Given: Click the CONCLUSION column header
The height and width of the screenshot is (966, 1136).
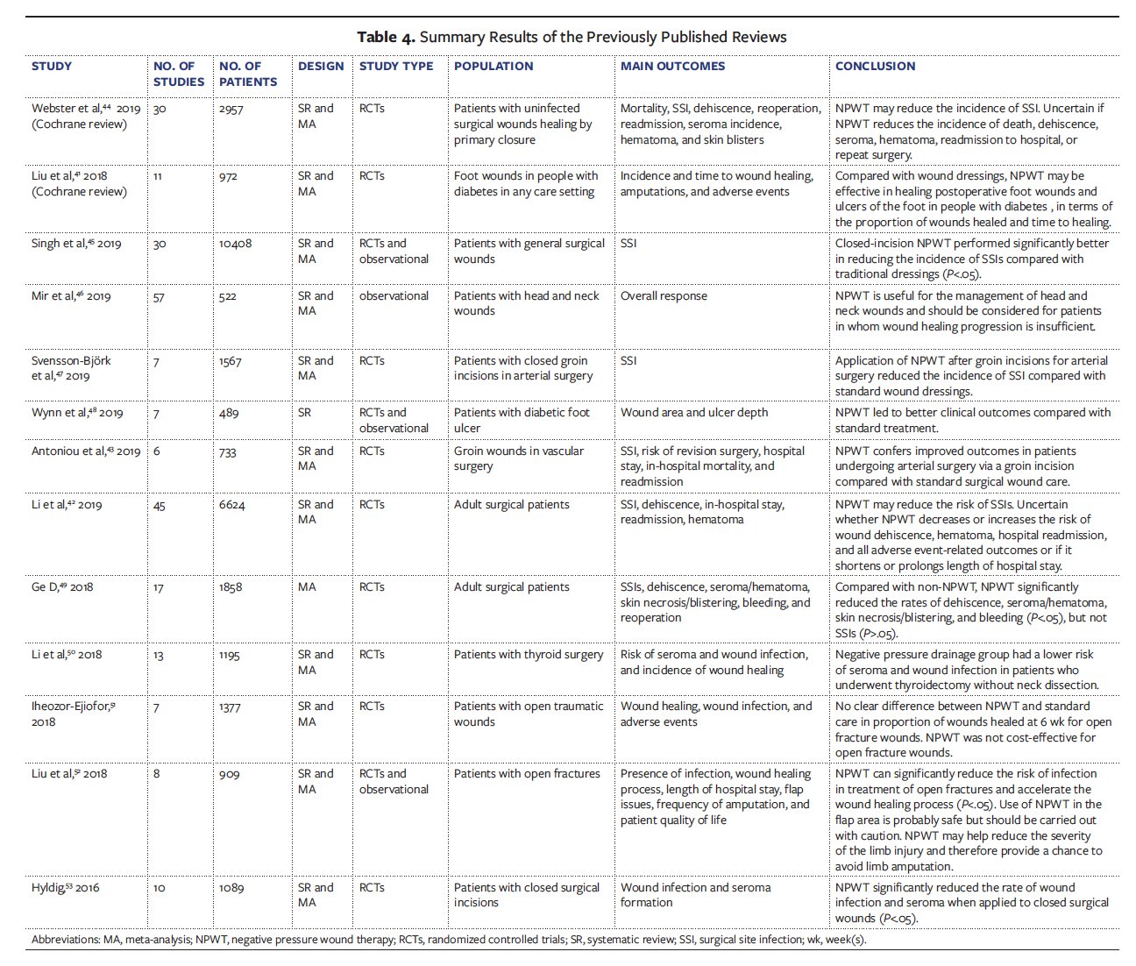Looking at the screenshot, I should point(874,67).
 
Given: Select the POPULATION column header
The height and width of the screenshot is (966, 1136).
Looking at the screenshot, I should point(493,67).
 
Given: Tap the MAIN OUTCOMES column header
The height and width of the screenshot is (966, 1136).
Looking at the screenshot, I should point(672,67).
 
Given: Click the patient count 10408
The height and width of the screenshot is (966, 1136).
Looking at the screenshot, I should point(235,244).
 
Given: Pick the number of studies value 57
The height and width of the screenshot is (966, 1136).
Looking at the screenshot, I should point(159,297).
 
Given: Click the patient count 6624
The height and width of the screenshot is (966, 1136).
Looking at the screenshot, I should point(231,506).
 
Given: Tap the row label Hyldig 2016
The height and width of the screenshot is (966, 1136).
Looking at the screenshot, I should point(65,888).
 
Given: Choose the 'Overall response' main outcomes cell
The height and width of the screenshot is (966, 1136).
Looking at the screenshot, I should point(664,296).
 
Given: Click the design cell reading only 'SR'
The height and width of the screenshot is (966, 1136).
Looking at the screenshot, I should point(304,413).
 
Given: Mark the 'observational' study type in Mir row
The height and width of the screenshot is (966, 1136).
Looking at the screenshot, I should point(394,296).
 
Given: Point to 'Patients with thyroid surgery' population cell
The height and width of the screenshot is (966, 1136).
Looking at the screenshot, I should point(529,655).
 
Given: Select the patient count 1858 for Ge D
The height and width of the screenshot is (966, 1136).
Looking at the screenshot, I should point(231,587).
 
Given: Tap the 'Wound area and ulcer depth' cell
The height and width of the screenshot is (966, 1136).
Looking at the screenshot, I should point(694,413).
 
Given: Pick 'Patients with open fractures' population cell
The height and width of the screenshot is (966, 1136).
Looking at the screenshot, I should point(527,774).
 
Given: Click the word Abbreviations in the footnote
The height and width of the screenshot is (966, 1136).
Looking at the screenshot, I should point(66,940).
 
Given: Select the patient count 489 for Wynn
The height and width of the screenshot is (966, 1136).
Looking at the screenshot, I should point(229,414).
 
